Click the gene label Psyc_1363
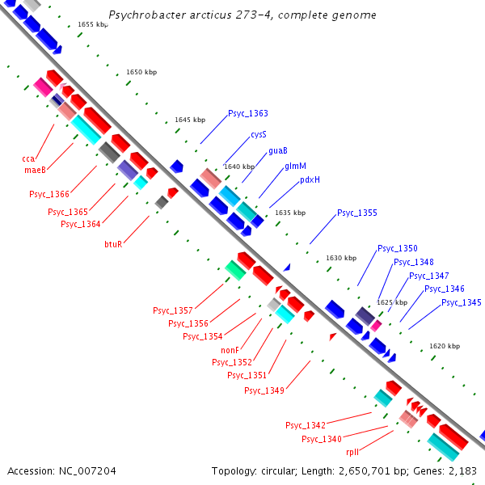pos(247,114)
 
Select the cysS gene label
pos(259,134)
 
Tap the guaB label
pos(278,150)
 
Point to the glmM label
pos(295,166)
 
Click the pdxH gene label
pos(310,180)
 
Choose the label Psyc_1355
pos(356,213)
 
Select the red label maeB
pos(35,170)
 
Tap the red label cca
pos(27,158)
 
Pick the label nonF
pos(230,350)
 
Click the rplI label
pos(352,453)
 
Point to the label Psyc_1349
pos(264,391)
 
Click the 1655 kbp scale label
pos(93,25)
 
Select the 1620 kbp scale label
pos(445,346)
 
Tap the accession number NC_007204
pos(86,470)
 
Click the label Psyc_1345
pos(461,302)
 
